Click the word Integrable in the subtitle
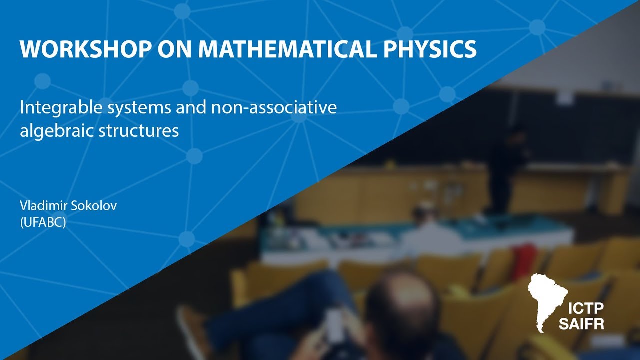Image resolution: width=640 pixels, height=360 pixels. (50, 108)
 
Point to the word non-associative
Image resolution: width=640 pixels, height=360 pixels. (279, 107)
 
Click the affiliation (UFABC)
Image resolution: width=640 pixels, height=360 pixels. (43, 223)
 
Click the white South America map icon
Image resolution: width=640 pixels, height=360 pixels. (547, 300)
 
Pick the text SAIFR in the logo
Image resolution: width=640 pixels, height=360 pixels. (588, 324)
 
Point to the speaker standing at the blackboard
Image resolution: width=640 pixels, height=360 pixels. (505, 165)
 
